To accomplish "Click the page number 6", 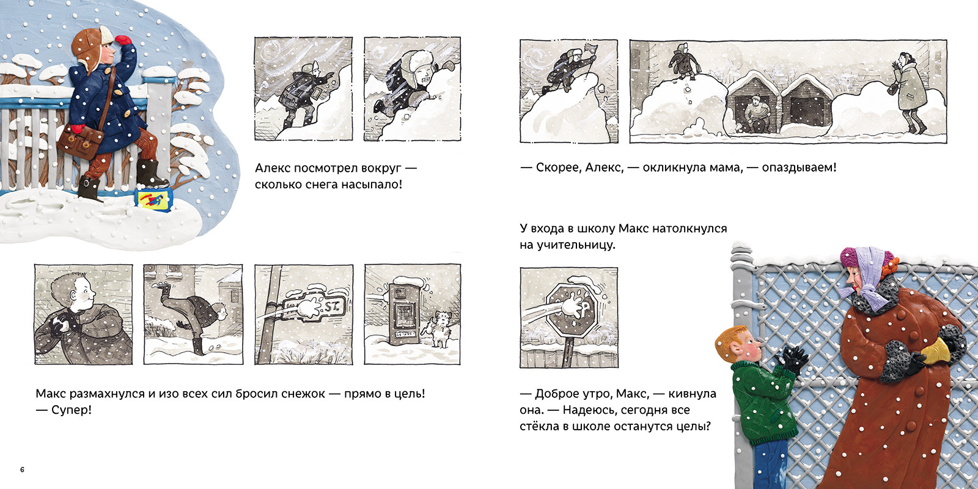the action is coord(22,470).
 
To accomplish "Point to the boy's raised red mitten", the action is coord(123,40).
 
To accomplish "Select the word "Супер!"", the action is coord(72,410).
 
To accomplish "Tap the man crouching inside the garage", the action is coord(757,115).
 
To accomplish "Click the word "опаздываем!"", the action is coord(799,167).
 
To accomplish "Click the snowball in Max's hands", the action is coord(59,325).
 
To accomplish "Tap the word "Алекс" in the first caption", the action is coord(272,168).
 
